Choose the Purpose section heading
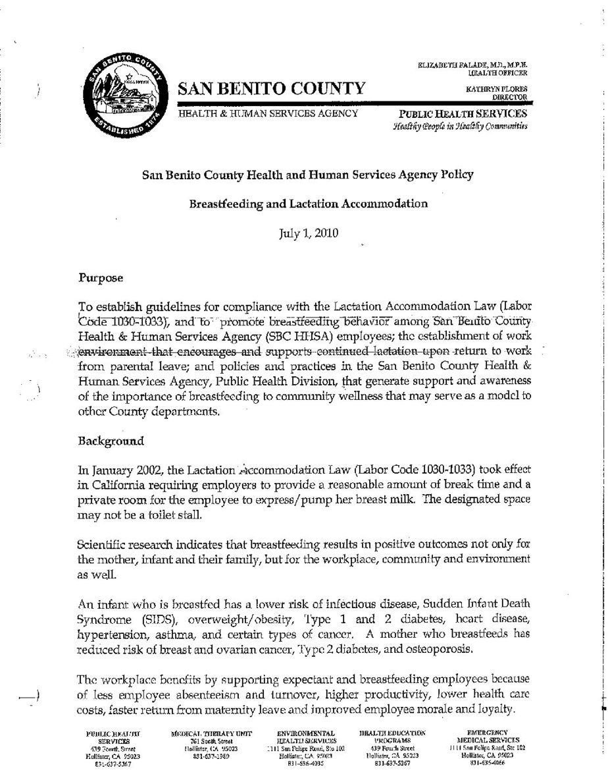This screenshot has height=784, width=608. (x=101, y=277)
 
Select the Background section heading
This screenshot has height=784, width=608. (x=107, y=438)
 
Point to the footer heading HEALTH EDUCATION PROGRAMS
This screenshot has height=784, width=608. (x=393, y=737)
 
